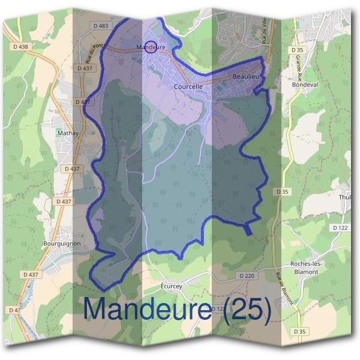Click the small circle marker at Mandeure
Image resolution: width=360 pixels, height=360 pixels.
pyautogui.click(x=152, y=47)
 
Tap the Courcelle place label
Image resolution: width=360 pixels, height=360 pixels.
pyautogui.click(x=188, y=86)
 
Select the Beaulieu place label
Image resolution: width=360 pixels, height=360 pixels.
pyautogui.click(x=245, y=77)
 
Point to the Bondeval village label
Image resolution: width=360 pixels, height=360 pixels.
pyautogui.click(x=304, y=85)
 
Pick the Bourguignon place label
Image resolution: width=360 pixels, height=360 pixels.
pyautogui.click(x=62, y=244)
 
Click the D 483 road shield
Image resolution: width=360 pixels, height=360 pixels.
pyautogui.click(x=101, y=25)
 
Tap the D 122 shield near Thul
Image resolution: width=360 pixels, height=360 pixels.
pyautogui.click(x=340, y=227)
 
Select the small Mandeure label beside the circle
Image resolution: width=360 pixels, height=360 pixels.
pyautogui.click(x=151, y=47)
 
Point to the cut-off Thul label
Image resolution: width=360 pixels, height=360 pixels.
pyautogui.click(x=345, y=197)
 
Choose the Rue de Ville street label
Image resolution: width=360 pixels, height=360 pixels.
pyautogui.click(x=264, y=30)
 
